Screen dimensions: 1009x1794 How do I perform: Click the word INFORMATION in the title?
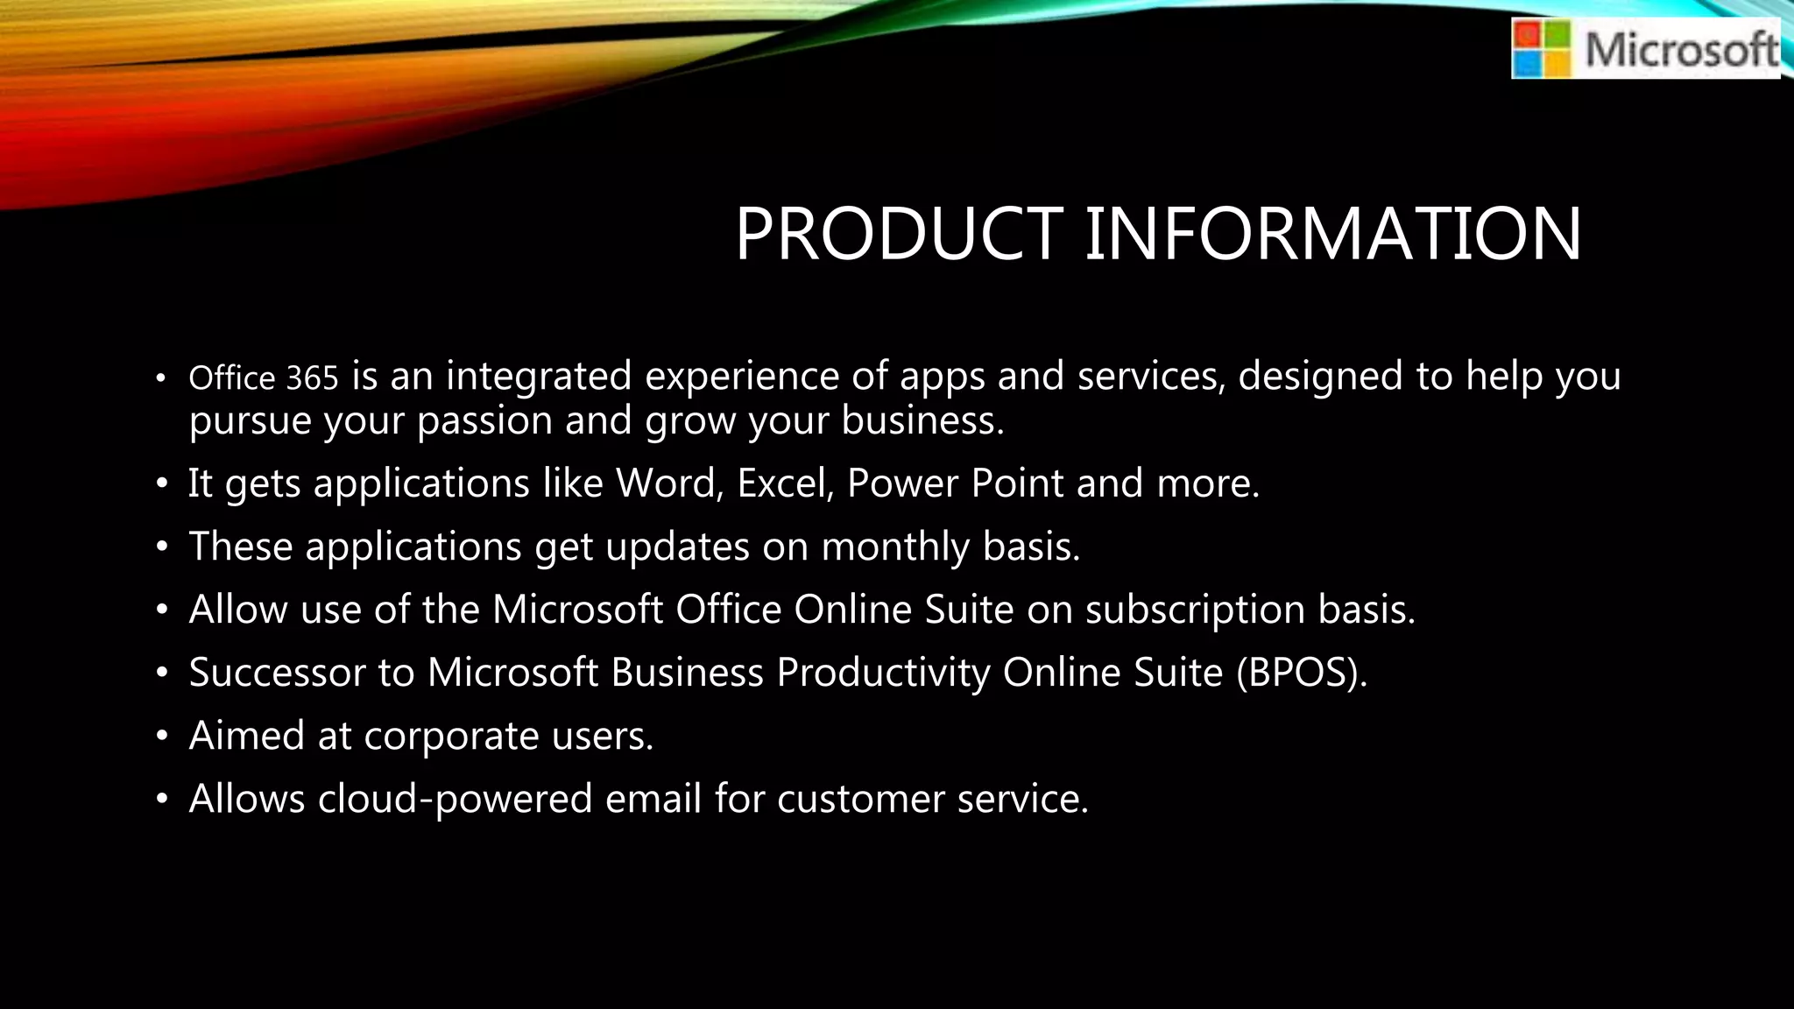(1333, 234)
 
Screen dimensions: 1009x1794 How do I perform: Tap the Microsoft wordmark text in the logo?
(1682, 49)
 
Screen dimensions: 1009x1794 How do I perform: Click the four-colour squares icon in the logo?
(1543, 50)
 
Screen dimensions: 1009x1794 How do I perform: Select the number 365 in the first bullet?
(312, 378)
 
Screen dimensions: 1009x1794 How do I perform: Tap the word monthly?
(895, 547)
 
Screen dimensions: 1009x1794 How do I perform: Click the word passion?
(484, 421)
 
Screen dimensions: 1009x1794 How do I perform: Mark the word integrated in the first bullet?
(539, 377)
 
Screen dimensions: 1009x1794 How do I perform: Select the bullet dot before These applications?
(161, 547)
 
